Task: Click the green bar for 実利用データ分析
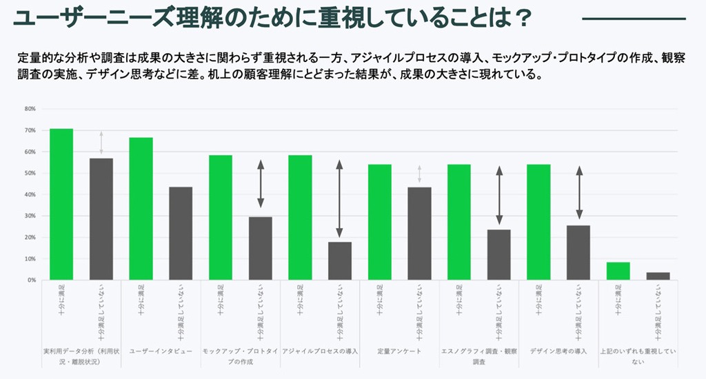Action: [x=61, y=205]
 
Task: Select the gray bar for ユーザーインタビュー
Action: [x=181, y=234]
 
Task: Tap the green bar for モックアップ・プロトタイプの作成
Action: [x=221, y=218]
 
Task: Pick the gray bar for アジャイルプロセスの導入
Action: [x=340, y=261]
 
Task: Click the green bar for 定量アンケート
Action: [x=380, y=222]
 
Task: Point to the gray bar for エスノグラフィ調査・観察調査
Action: [x=499, y=255]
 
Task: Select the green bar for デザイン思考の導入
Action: [x=538, y=222]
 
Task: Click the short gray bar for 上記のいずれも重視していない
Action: [x=658, y=276]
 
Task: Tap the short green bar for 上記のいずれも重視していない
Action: [x=618, y=272]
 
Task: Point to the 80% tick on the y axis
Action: [x=30, y=109]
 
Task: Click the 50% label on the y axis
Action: [x=30, y=173]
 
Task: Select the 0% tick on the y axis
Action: [x=31, y=280]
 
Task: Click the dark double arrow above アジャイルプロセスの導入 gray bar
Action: [x=339, y=198]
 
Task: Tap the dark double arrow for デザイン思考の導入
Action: [x=578, y=194]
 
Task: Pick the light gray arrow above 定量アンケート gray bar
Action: [x=418, y=175]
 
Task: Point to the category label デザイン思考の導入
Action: [x=558, y=351]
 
